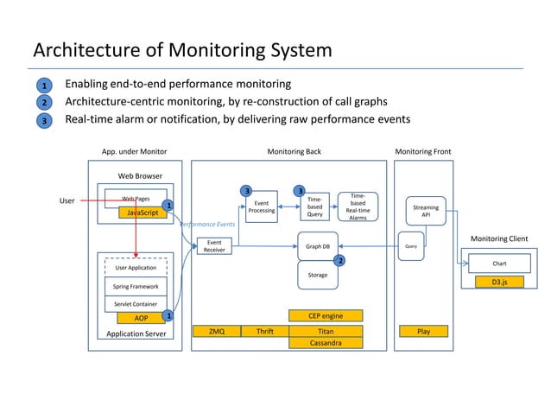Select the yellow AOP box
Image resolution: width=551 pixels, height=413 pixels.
(x=140, y=317)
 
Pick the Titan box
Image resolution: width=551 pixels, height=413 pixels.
(x=326, y=331)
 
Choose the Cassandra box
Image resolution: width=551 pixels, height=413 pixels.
(x=326, y=343)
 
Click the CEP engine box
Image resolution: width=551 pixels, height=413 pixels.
(x=326, y=316)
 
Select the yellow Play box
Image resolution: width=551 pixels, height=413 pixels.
(x=423, y=331)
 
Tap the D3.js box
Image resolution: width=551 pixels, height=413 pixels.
(x=499, y=281)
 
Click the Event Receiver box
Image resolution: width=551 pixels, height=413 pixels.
(x=213, y=246)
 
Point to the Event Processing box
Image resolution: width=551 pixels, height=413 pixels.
(x=261, y=206)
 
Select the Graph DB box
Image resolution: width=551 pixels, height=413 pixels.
(x=318, y=246)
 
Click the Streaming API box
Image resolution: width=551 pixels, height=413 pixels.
(x=426, y=211)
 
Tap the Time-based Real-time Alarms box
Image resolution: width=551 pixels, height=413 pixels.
(x=358, y=207)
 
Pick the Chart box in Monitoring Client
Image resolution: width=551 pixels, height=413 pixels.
(x=499, y=264)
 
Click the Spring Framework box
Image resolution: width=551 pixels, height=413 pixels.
(x=134, y=286)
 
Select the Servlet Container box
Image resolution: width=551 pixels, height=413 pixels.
(x=134, y=303)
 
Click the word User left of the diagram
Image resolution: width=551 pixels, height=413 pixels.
(x=66, y=200)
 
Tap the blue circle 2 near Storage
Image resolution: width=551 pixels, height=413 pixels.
(x=339, y=260)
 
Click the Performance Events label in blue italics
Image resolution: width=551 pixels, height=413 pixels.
(x=207, y=225)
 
